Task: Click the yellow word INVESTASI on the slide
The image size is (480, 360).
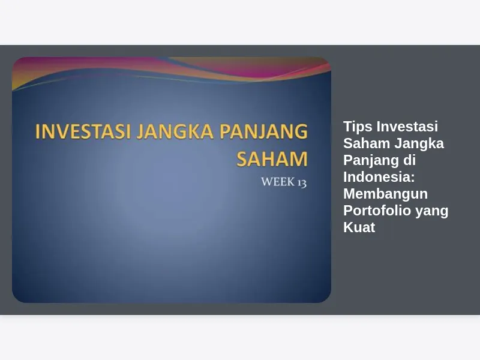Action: click(x=83, y=131)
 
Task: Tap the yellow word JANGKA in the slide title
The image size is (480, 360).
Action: click(x=175, y=131)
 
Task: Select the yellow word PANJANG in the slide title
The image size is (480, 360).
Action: click(x=263, y=131)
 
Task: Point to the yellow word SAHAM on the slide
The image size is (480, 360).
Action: click(x=272, y=158)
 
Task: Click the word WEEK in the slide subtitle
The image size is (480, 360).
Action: click(x=278, y=182)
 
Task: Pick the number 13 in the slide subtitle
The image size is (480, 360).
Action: click(x=302, y=182)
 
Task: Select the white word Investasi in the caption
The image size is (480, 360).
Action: click(x=407, y=127)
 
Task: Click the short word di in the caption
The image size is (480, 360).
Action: click(x=409, y=160)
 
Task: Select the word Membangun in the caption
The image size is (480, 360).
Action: click(x=385, y=194)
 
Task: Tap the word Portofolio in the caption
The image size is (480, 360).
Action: click(x=377, y=211)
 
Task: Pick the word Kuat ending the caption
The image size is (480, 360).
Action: click(x=359, y=227)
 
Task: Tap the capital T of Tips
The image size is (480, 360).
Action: click(x=348, y=127)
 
